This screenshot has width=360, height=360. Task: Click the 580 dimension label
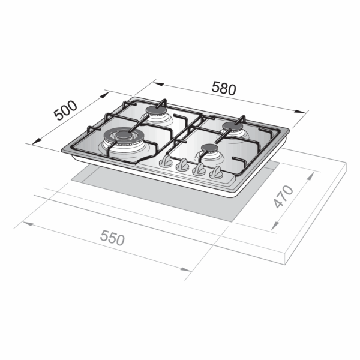tap(224, 88)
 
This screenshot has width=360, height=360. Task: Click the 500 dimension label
tap(65, 110)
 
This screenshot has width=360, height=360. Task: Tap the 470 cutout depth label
tap(284, 197)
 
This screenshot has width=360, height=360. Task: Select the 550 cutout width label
tap(112, 238)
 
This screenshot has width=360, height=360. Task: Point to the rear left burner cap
tap(156, 110)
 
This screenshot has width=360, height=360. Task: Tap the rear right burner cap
tap(232, 126)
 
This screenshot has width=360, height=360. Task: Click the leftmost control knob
tap(166, 160)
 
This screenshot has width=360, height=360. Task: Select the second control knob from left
tap(182, 165)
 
